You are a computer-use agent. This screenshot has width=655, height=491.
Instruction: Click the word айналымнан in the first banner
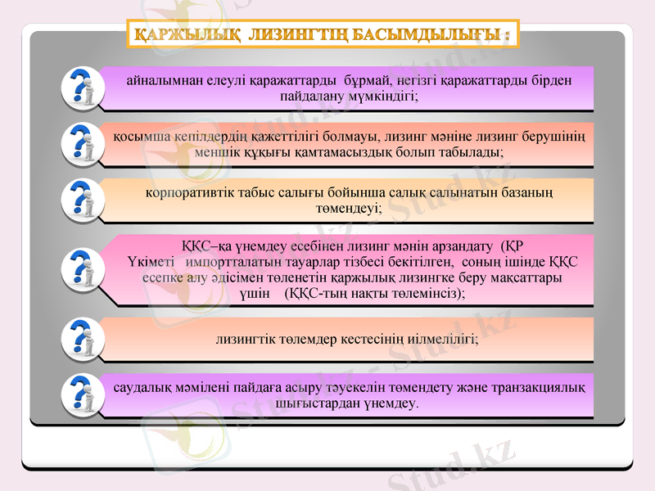tap(163, 80)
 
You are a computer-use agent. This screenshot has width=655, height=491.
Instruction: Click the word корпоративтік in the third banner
tap(189, 192)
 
